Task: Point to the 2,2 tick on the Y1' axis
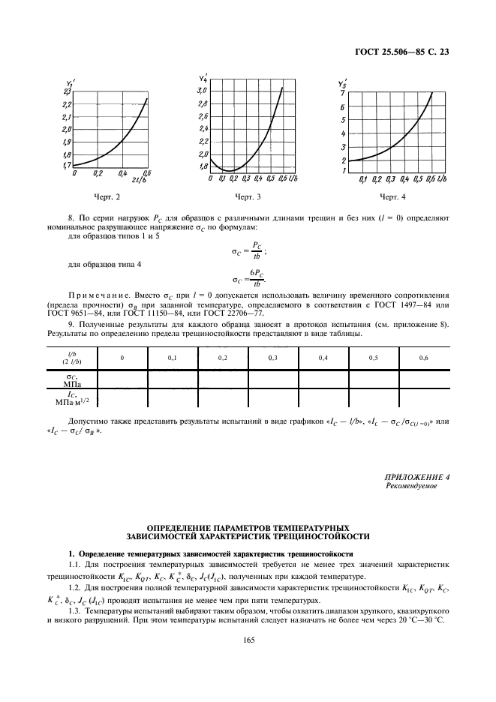66,104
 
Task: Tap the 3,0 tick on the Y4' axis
202,91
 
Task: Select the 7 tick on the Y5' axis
343,92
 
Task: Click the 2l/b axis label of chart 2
140,180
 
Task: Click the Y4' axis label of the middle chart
203,78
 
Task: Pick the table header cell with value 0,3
272,358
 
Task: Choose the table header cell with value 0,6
424,358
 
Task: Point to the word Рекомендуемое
410,486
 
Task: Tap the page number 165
248,639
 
